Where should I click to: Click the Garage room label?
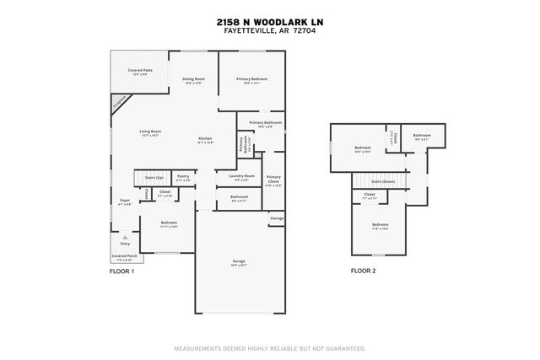(239, 262)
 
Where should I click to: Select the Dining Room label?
(194, 80)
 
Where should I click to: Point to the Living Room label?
(150, 132)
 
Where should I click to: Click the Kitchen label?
(205, 140)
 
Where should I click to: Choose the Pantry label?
(182, 178)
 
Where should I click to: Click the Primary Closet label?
(273, 180)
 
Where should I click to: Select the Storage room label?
(277, 218)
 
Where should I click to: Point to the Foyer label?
(124, 202)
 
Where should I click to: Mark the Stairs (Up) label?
(153, 179)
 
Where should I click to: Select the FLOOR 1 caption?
(122, 271)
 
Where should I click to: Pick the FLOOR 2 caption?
(364, 271)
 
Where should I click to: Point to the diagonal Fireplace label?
(120, 102)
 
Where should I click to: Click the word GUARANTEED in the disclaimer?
(343, 347)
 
